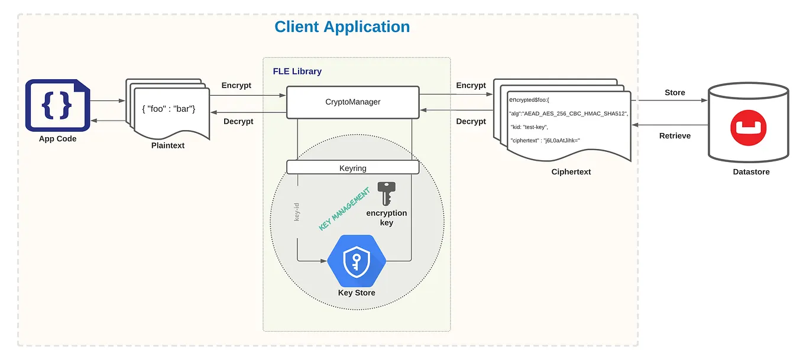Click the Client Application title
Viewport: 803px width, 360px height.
click(x=342, y=27)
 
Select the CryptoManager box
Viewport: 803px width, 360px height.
click(x=353, y=102)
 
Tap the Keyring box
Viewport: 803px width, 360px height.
click(x=353, y=168)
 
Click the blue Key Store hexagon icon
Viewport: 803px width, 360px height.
click(x=357, y=261)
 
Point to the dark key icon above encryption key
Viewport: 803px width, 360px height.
click(x=387, y=193)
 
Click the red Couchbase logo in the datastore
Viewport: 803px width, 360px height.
click(x=749, y=128)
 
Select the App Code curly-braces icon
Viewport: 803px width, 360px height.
click(x=58, y=105)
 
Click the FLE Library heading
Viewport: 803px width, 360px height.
click(x=297, y=72)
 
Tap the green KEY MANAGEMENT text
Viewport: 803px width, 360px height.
click(x=344, y=209)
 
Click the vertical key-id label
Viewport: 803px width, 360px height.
click(x=296, y=212)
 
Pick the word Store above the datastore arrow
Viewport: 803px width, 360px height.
click(x=675, y=92)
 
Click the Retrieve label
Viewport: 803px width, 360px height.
click(x=675, y=136)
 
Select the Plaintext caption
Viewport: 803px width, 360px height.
click(x=168, y=145)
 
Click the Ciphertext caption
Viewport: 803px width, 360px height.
click(x=571, y=171)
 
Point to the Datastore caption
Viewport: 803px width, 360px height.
click(x=751, y=171)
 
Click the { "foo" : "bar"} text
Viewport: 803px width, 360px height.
click(x=169, y=109)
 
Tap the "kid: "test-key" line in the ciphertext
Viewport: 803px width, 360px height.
click(x=529, y=127)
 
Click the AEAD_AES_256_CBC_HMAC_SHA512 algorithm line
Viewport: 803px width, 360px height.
click(x=569, y=113)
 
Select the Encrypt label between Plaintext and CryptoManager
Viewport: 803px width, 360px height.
click(x=237, y=85)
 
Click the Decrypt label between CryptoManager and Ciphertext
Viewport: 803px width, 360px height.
click(x=471, y=121)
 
